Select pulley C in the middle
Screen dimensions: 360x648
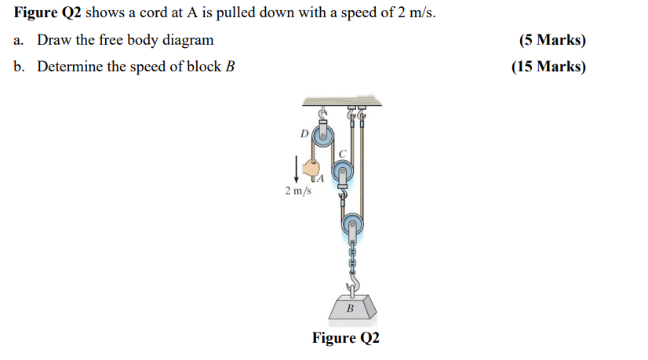pyautogui.click(x=341, y=171)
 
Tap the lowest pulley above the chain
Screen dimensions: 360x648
pyautogui.click(x=352, y=227)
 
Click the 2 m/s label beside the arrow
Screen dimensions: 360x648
pyautogui.click(x=298, y=191)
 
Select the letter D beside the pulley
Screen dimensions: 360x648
pyautogui.click(x=304, y=133)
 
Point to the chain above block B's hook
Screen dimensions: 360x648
pyautogui.click(x=352, y=256)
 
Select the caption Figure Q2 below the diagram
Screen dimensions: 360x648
pyautogui.click(x=345, y=338)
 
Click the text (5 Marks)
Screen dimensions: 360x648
pyautogui.click(x=552, y=40)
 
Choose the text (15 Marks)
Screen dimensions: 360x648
pyautogui.click(x=548, y=67)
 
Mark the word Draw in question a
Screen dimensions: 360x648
pyautogui.click(x=54, y=40)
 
